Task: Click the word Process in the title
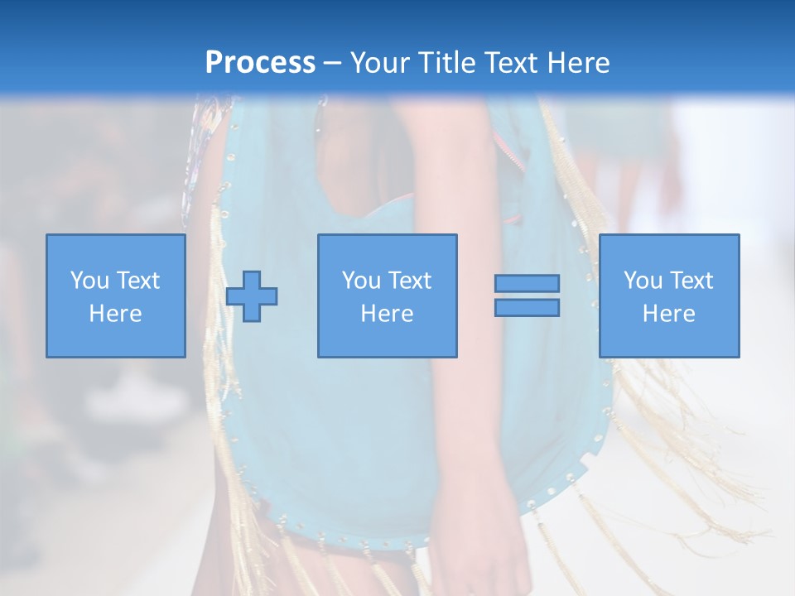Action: (x=260, y=63)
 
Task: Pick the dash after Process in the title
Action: (x=332, y=64)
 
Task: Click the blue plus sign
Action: (x=252, y=296)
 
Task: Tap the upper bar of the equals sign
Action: (x=527, y=283)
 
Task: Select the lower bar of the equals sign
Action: (x=527, y=307)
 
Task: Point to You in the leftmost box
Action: (x=89, y=281)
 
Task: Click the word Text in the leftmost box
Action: (x=137, y=281)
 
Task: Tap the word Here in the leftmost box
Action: (x=115, y=314)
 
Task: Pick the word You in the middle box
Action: (x=361, y=281)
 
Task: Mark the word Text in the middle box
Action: (x=409, y=281)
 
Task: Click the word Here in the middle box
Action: (x=387, y=314)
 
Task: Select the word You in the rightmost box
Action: (x=643, y=281)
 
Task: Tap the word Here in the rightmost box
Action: (x=668, y=314)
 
